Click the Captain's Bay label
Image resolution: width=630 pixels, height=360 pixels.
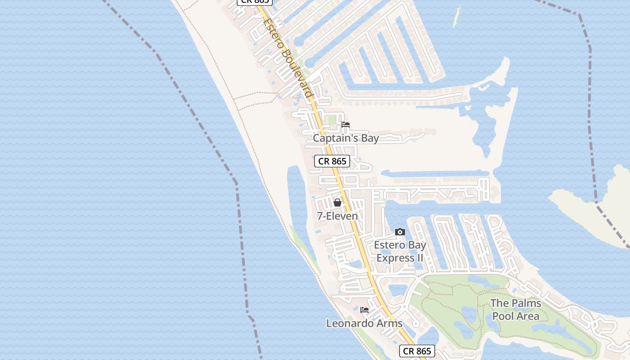click(346, 138)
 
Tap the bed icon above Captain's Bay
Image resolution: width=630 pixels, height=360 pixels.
click(346, 125)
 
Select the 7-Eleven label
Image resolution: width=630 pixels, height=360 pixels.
click(337, 216)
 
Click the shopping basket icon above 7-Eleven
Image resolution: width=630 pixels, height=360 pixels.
click(337, 202)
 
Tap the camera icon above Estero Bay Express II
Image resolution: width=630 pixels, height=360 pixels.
click(400, 232)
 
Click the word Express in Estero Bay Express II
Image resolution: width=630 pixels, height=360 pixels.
click(395, 258)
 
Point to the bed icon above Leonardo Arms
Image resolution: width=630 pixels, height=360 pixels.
click(364, 310)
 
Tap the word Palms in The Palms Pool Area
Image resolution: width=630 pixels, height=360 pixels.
click(526, 303)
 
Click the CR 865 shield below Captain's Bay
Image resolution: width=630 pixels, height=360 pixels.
click(332, 161)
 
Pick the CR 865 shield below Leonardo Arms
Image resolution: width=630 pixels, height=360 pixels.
click(417, 351)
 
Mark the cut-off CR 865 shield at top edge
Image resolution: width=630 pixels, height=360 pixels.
click(255, 2)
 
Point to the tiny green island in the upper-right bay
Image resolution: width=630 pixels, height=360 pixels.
click(457, 16)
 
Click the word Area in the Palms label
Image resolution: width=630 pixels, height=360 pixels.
click(527, 316)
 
